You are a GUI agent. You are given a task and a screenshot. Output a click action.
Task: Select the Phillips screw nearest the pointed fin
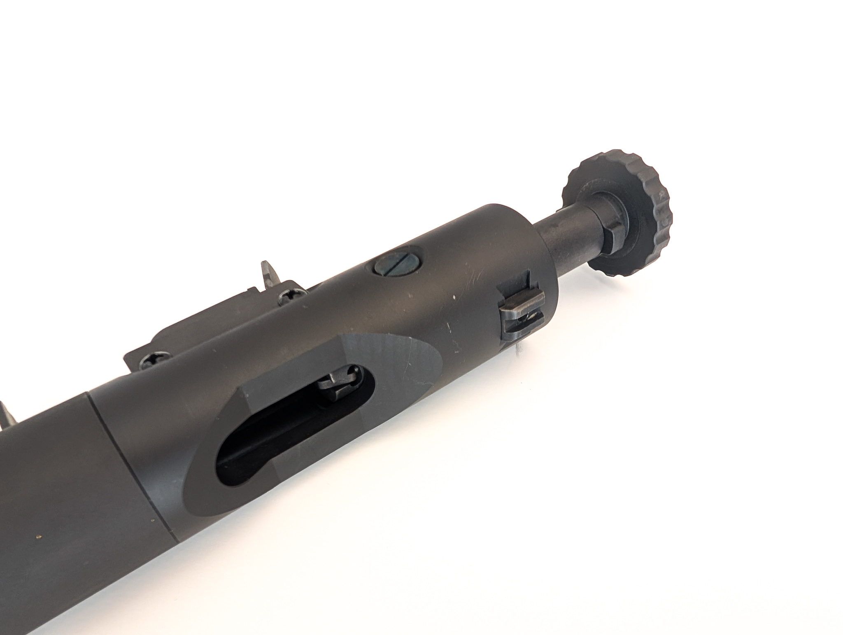coord(291,296)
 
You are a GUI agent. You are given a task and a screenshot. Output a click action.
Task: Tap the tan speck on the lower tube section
coord(40,536)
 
